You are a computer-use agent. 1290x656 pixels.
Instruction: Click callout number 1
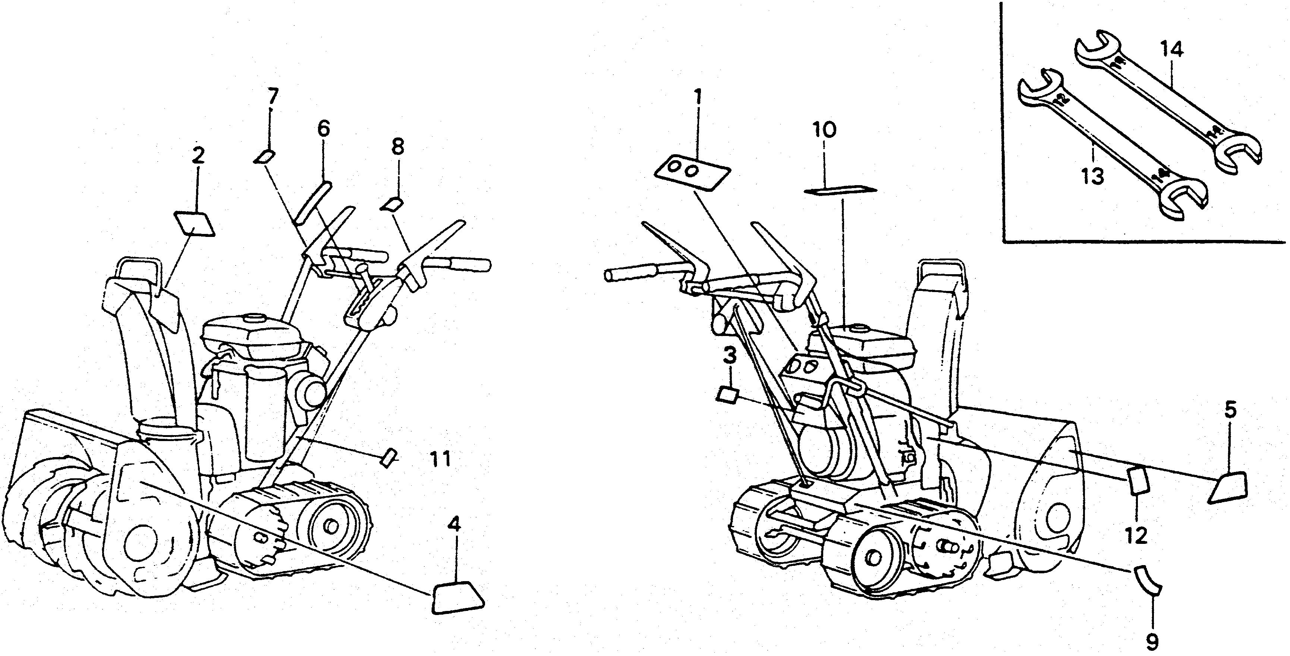[698, 96]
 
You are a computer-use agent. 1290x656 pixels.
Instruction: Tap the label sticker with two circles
[692, 172]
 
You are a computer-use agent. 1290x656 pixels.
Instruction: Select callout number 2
[198, 156]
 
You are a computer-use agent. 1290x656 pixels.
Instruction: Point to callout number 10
[824, 130]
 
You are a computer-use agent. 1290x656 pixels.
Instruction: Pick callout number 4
[453, 525]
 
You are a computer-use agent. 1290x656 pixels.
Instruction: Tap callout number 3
[730, 357]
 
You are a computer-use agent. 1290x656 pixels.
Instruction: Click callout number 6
[324, 130]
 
